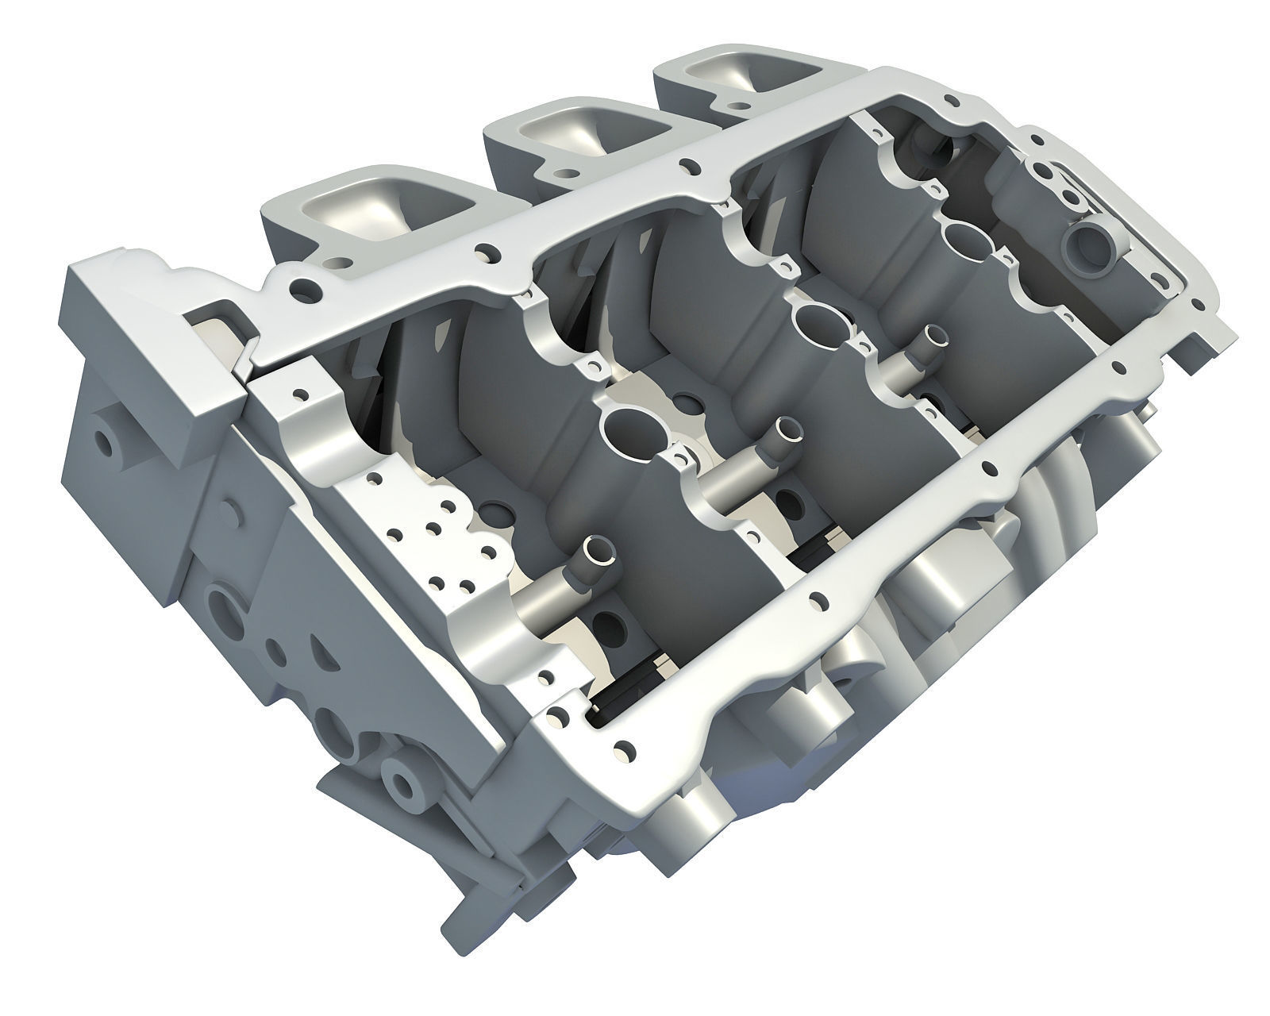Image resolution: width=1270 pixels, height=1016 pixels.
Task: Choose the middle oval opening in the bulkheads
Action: (x=821, y=321)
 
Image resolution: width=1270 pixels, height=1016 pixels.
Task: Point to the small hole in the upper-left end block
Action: (x=105, y=438)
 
